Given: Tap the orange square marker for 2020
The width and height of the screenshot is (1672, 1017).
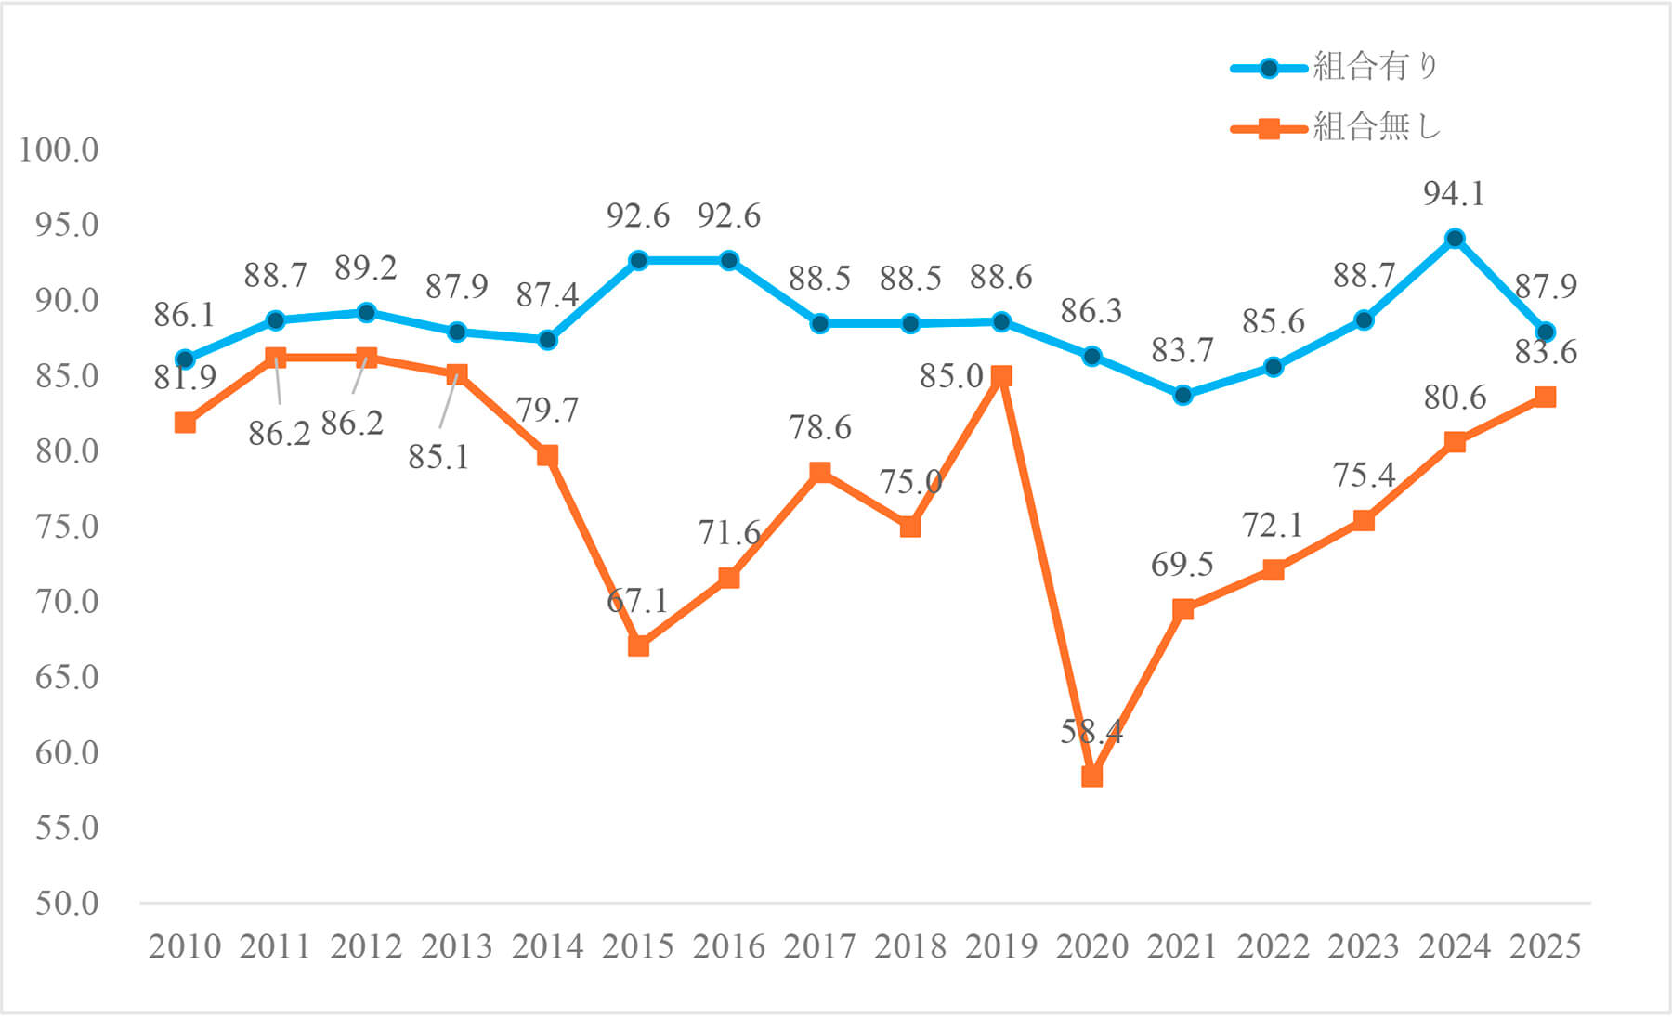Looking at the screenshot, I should [x=1092, y=776].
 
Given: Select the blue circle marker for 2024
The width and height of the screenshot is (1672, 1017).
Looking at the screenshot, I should [x=1455, y=239].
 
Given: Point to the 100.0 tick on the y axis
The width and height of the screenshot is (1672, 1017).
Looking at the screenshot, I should [x=59, y=150].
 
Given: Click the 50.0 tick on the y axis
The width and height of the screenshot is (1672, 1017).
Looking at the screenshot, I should [x=67, y=903].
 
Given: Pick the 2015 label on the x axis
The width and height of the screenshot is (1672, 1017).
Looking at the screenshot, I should [x=637, y=946].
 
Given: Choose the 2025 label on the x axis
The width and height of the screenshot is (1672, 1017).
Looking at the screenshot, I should [x=1545, y=946].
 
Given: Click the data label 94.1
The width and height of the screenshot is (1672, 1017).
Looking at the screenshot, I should [x=1454, y=194].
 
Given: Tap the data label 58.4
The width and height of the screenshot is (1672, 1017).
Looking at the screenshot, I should [x=1091, y=732].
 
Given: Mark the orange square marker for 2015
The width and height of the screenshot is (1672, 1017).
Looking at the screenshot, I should [x=638, y=645].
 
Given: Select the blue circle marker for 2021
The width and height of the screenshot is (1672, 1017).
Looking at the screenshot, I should [x=1182, y=396].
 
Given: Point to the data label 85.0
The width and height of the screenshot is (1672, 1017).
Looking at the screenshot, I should [x=951, y=376].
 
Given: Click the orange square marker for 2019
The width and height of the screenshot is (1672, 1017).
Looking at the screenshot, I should [x=1001, y=376].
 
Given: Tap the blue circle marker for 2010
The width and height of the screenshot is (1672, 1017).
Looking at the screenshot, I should [x=185, y=359].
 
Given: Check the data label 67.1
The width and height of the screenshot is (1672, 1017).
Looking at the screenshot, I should [x=637, y=601].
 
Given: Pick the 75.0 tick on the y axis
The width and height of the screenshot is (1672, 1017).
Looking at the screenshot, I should [x=67, y=527].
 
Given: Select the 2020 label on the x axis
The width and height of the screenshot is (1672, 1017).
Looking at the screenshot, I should [x=1091, y=946].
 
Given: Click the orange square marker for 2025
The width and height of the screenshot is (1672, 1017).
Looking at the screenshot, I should [x=1545, y=398].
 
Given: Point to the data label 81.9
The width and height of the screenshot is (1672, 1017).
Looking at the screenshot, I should [x=185, y=378].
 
